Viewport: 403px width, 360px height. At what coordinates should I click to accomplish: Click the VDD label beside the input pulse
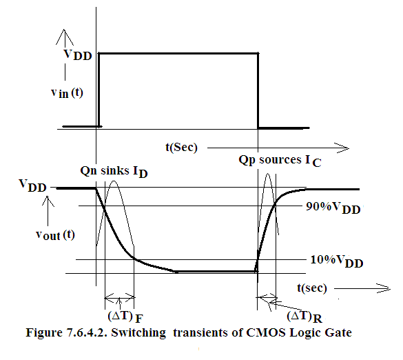coord(78,54)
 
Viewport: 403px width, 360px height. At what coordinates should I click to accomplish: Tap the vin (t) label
coord(67,92)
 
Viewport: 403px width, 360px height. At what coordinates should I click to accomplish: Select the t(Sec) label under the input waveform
coord(181,147)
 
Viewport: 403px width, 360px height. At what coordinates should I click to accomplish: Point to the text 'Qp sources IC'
coord(280,161)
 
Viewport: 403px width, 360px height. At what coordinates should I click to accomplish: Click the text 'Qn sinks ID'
coord(114,172)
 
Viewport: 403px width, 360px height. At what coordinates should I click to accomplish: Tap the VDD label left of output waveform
coord(32,186)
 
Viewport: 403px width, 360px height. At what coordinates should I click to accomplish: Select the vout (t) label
coord(55,234)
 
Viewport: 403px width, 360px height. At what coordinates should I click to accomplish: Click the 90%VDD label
coord(333,208)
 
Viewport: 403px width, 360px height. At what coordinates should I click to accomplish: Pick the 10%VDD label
coord(337,261)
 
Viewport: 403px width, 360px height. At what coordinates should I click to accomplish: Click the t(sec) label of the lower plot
coord(312,288)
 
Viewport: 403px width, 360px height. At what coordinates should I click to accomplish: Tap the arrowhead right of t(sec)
coord(384,288)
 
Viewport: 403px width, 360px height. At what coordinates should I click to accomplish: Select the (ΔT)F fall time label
coord(125,317)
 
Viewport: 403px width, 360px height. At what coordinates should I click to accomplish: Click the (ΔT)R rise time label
coord(304,317)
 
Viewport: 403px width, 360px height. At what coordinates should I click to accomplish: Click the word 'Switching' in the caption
coord(138,333)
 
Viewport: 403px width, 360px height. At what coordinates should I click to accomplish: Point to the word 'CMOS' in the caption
coord(266,332)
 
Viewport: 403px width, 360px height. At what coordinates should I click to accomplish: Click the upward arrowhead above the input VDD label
coord(65,37)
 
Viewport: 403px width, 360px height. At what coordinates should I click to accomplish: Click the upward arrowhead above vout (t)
coord(48,201)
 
